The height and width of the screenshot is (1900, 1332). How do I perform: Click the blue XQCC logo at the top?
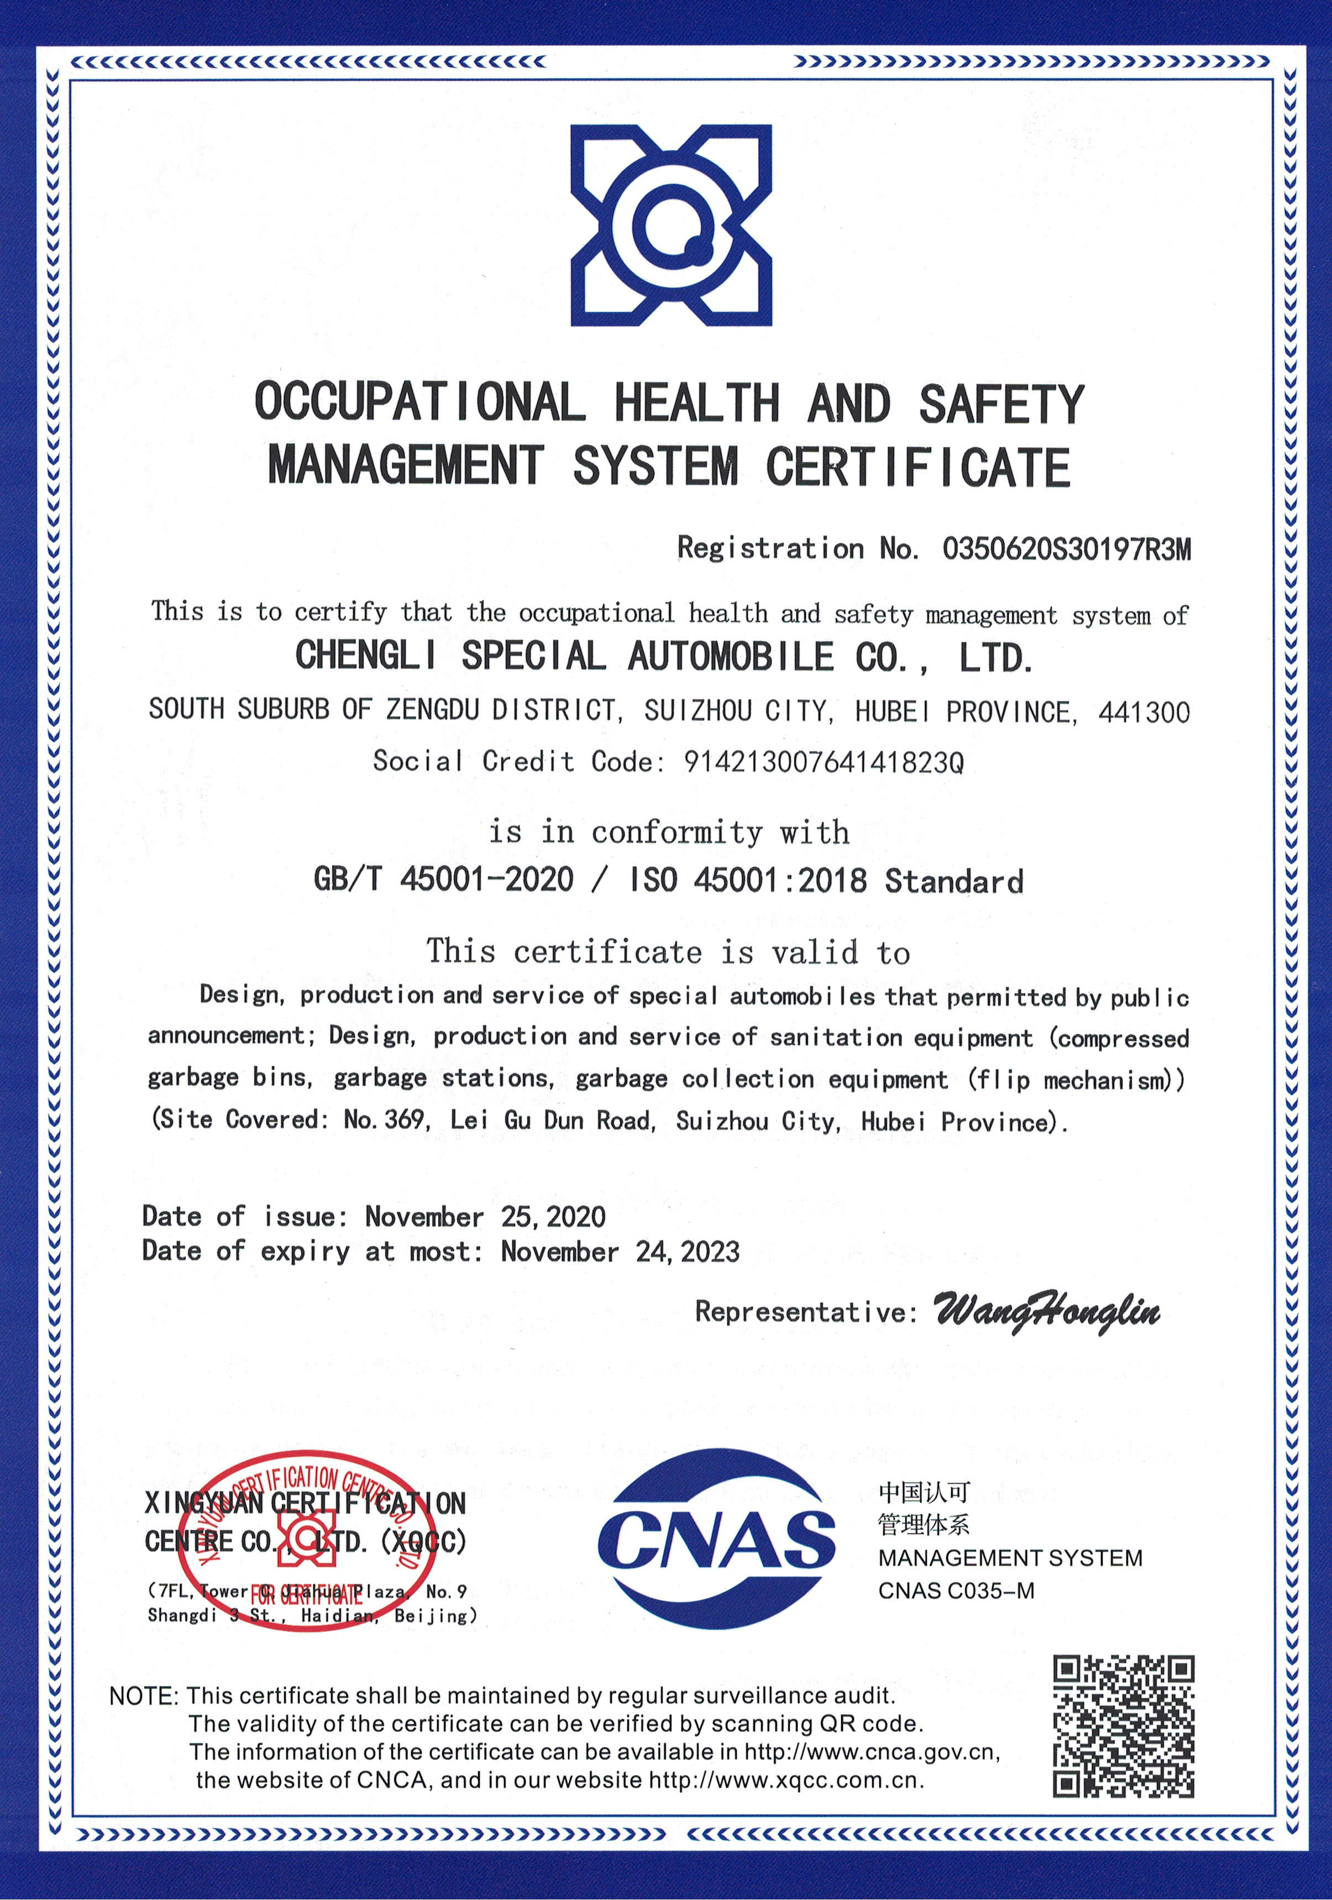[671, 225]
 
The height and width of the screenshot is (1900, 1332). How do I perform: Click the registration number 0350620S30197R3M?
[1066, 548]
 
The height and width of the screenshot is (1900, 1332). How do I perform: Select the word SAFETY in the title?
[1001, 405]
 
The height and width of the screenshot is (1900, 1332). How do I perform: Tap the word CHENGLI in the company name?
[366, 656]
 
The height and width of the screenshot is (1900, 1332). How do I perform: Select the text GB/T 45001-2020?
[443, 879]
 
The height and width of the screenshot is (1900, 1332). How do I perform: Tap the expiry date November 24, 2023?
[620, 1251]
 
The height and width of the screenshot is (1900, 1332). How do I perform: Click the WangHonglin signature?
[1047, 1311]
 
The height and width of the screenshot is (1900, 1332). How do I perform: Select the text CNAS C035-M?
[956, 1590]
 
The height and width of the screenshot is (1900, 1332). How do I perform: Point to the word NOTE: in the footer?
[144, 1697]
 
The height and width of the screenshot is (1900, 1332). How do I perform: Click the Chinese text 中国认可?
[924, 1492]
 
